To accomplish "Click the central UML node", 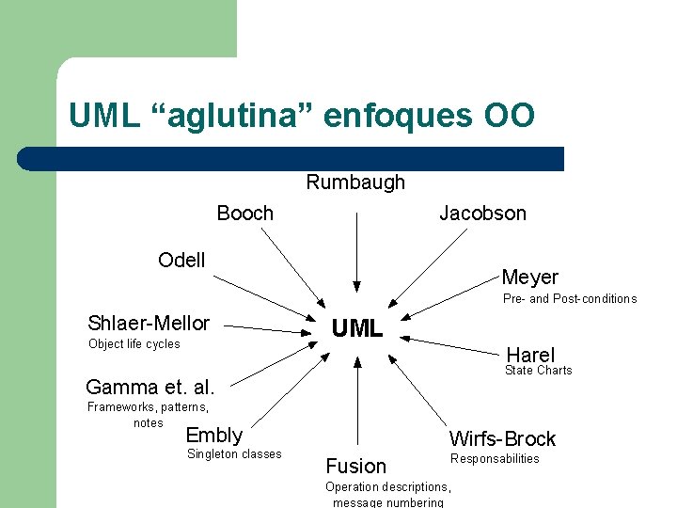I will (356, 328).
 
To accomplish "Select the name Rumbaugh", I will (355, 183).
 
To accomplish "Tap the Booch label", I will (244, 214).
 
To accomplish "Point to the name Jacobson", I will (482, 214).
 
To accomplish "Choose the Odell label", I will (181, 261).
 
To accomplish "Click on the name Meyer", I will (529, 278).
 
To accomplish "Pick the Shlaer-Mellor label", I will (149, 324).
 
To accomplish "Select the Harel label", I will (530, 355).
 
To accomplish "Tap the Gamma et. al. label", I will (150, 387).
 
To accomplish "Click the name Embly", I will (214, 435).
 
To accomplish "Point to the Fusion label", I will (355, 466).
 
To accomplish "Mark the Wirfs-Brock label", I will (502, 438).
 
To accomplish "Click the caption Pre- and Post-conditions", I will (569, 299).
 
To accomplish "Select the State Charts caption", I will (538, 371).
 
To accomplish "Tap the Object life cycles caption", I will (134, 344).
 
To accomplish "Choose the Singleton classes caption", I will (234, 454).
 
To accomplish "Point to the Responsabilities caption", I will (495, 459).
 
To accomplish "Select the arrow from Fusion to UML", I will (356, 405).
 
